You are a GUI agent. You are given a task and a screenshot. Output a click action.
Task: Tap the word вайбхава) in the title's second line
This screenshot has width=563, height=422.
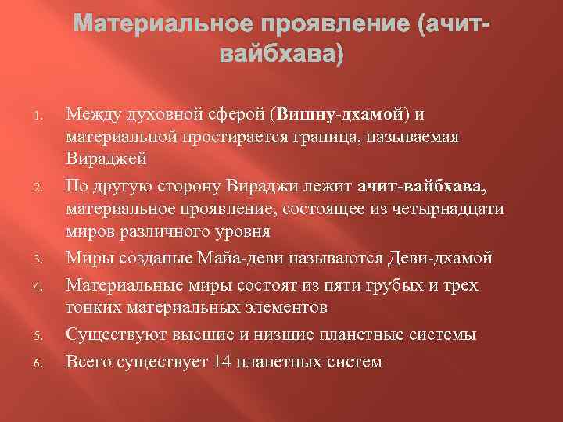pos(281,57)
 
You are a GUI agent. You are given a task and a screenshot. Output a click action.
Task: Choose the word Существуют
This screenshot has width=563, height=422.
pos(111,334)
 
